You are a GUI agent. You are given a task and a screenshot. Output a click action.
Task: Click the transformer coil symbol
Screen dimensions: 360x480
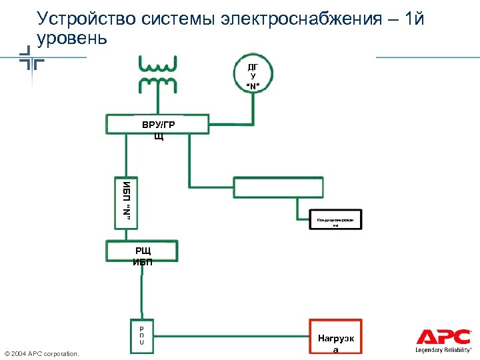(x=158, y=75)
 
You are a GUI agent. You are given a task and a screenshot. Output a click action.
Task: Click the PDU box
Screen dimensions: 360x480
(x=141, y=334)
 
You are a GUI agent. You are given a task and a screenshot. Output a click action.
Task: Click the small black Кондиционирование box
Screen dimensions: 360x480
(x=336, y=221)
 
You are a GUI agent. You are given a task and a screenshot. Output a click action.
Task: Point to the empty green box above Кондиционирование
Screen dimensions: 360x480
(x=277, y=188)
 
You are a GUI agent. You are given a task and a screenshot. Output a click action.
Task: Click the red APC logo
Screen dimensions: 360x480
(x=443, y=337)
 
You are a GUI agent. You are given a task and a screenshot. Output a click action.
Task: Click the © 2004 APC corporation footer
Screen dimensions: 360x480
(x=41, y=353)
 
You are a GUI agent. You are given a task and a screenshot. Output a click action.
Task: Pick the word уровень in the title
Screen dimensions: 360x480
(x=72, y=38)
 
